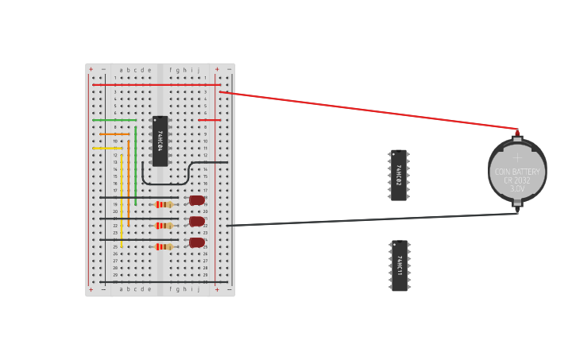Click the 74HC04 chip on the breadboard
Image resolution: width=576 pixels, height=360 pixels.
[x=160, y=141]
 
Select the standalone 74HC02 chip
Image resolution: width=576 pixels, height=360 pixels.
[x=399, y=175]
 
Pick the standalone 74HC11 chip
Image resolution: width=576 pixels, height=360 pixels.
[x=400, y=265]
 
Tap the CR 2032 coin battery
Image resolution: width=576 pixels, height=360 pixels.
[x=517, y=170]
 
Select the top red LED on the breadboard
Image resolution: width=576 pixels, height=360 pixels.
[x=196, y=201]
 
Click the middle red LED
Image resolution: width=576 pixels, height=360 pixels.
[x=196, y=222]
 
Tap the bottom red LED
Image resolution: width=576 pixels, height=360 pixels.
[x=196, y=242]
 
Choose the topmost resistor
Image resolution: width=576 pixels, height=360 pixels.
[x=164, y=204]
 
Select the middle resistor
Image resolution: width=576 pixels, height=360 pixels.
[x=164, y=226]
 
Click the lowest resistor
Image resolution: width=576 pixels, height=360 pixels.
[x=164, y=246]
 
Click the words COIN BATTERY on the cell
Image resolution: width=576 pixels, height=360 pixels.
[x=517, y=172]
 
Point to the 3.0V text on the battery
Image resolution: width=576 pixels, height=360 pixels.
[x=517, y=189]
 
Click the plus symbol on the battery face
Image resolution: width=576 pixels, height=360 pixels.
[x=517, y=157]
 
